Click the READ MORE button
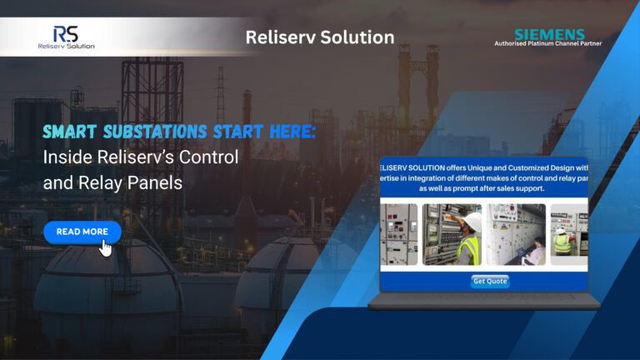[82, 232]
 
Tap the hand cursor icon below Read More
[106, 248]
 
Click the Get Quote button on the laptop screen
[490, 281]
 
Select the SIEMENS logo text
[549, 33]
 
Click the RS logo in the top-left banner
[66, 32]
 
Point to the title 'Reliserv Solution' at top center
[320, 37]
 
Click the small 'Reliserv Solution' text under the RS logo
[67, 46]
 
